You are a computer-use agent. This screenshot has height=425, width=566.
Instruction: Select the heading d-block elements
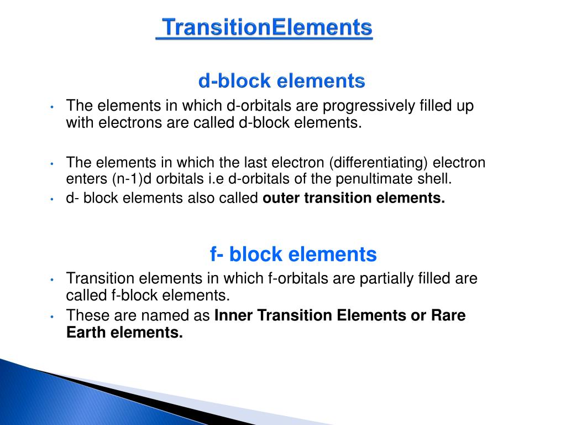[282, 81]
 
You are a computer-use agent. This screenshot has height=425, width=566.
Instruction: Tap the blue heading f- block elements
[293, 255]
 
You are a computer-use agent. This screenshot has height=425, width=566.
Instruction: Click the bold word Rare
[448, 316]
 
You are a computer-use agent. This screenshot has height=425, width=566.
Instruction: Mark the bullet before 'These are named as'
[51, 317]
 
